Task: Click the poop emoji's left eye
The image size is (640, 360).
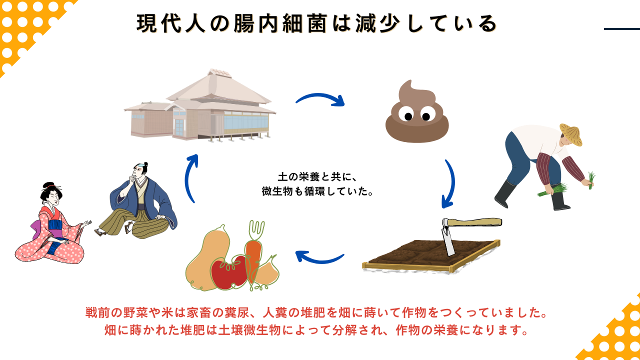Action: click(x=408, y=116)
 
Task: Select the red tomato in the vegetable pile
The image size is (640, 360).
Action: click(x=229, y=272)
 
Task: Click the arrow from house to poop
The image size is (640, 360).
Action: click(x=320, y=97)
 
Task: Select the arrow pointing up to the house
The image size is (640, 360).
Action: click(x=190, y=177)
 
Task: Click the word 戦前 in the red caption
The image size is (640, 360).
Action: click(x=97, y=313)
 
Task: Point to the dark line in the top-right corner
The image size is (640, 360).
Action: click(x=621, y=29)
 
